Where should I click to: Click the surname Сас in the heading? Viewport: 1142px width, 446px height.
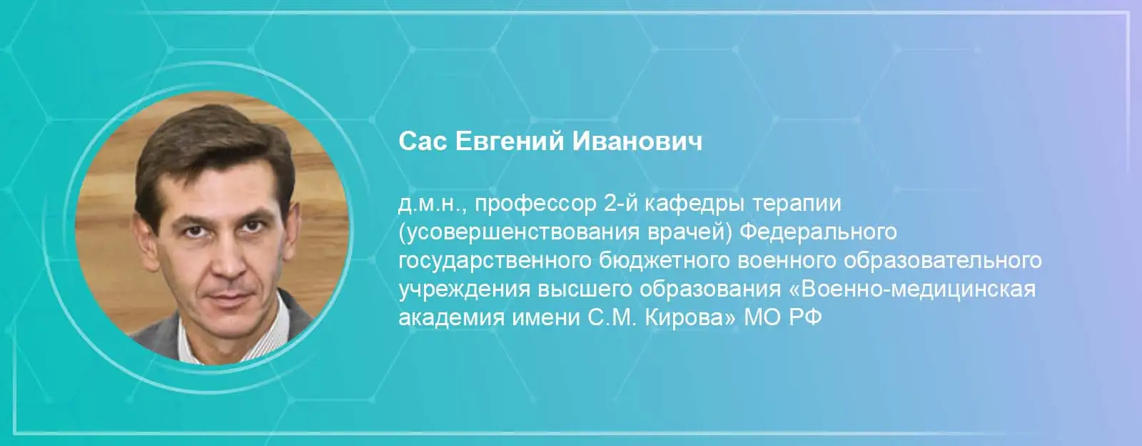(x=423, y=142)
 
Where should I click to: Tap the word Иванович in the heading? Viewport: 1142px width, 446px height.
(x=637, y=142)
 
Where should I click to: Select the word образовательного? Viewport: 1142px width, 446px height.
(x=943, y=260)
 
